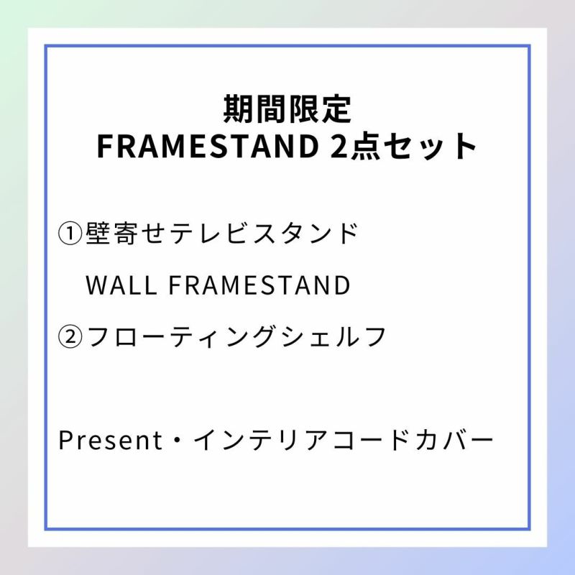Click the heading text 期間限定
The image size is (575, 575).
pos(287,109)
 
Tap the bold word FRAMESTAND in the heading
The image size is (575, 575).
pos(208,147)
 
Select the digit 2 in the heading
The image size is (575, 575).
pos(339,147)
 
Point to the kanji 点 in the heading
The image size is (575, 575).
pos(364,147)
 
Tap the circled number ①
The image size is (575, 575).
pos(70,234)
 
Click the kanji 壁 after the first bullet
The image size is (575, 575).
pos(98,233)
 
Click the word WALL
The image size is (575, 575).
pos(121,285)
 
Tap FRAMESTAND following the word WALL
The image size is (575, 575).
pos(259,285)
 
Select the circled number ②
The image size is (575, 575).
pos(70,337)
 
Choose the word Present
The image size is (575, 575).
pos(110,440)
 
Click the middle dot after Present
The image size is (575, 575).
pos(178,440)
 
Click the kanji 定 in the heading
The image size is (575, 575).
pos(337,109)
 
